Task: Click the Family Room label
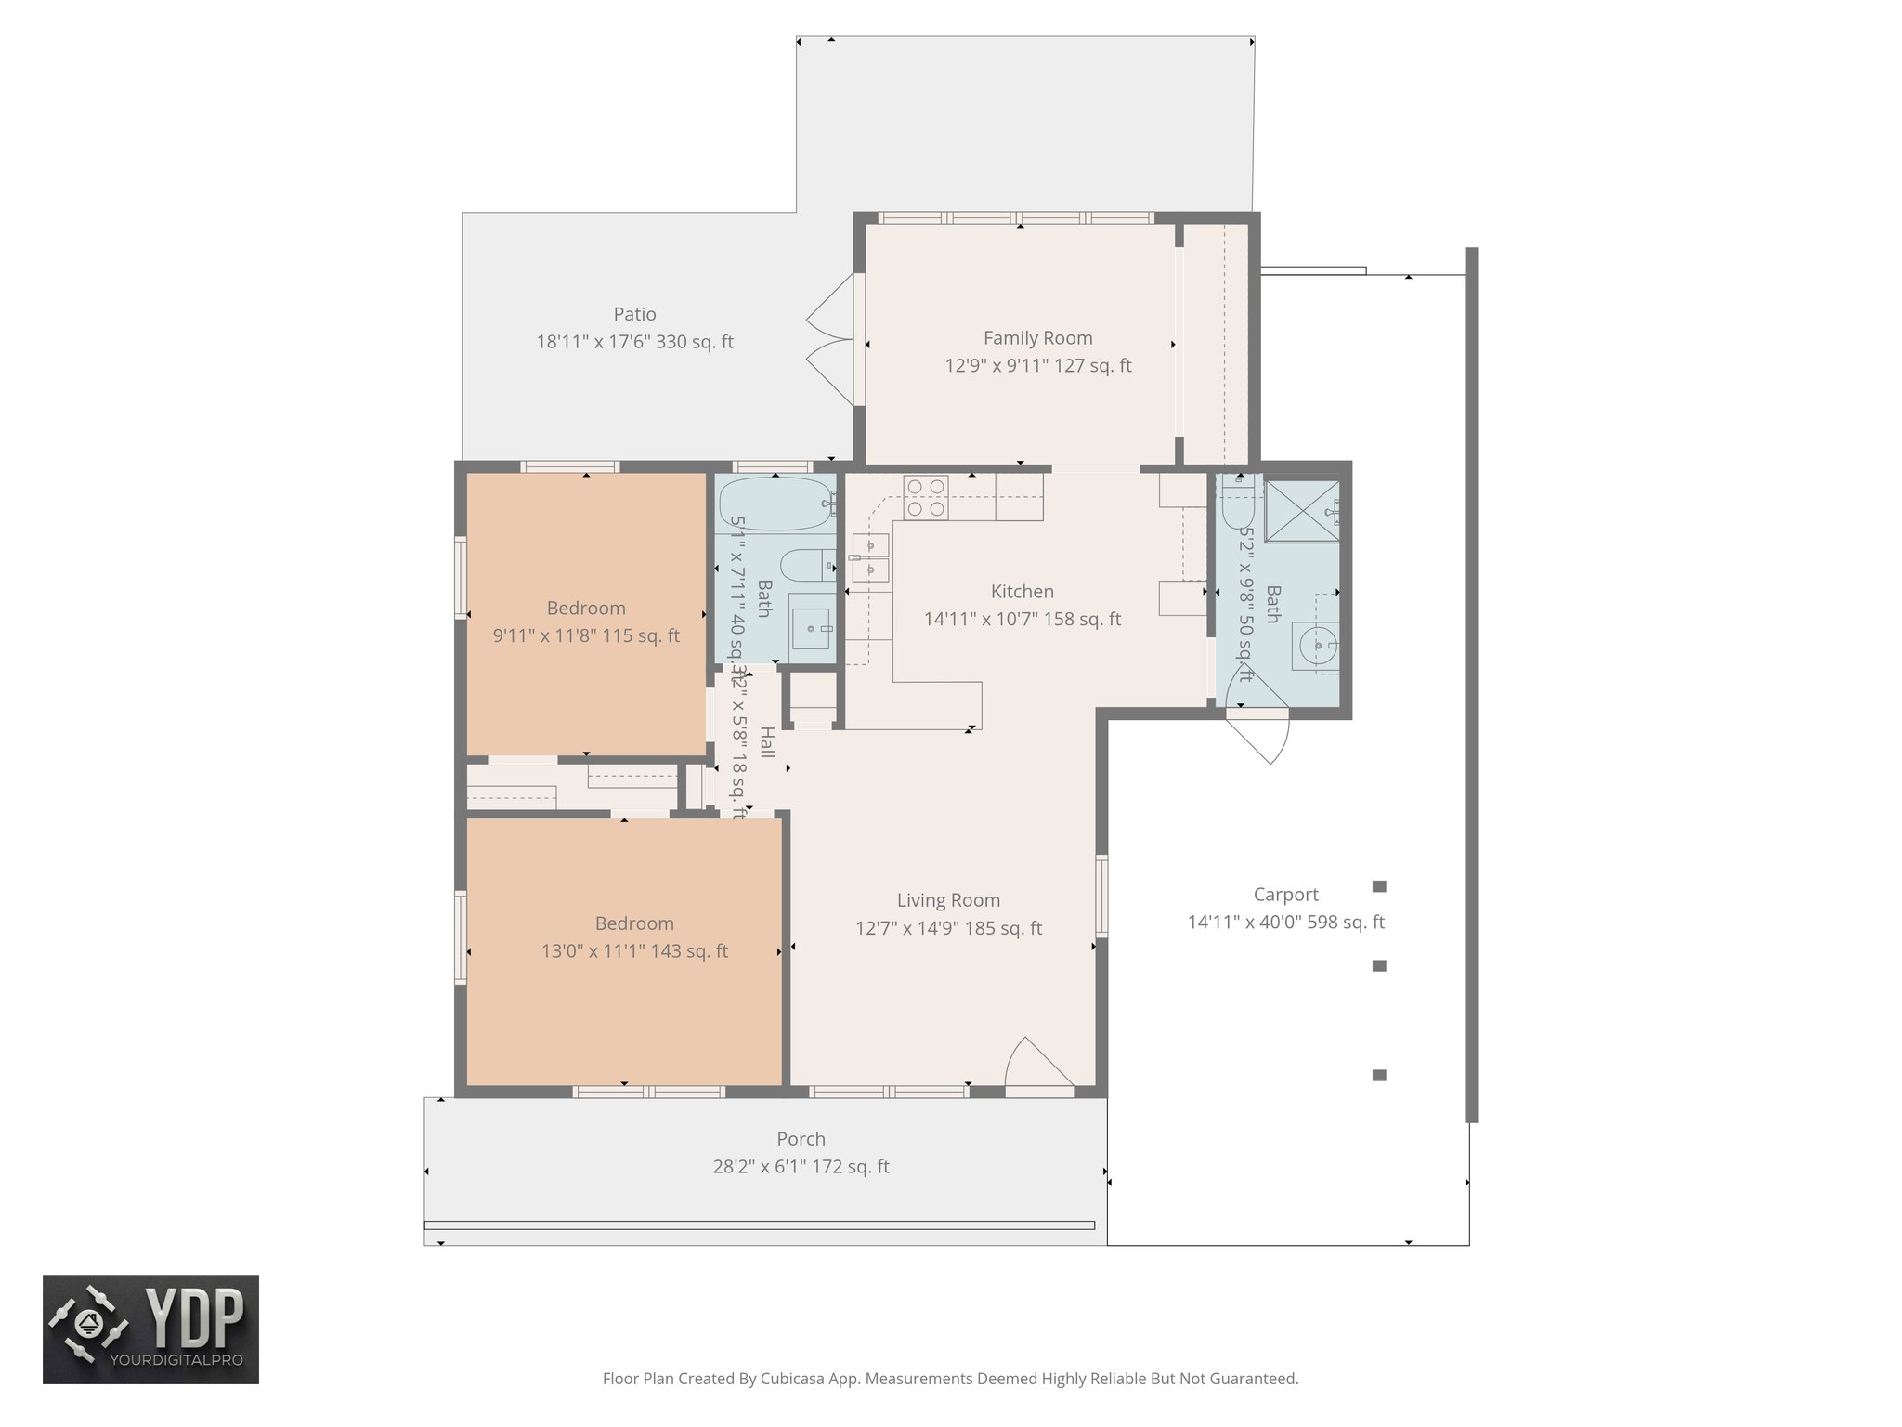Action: (x=1037, y=338)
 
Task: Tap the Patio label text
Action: (x=634, y=314)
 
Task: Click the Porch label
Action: (x=801, y=1139)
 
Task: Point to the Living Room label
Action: (x=948, y=900)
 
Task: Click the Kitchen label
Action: (x=1022, y=592)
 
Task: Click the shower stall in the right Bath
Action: (x=1301, y=510)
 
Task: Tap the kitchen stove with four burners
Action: (x=926, y=497)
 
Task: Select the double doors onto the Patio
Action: (x=831, y=340)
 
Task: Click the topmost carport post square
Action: (x=1379, y=886)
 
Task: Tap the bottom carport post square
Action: (x=1379, y=1075)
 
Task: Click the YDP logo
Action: (x=150, y=1329)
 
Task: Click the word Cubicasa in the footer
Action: (x=795, y=1379)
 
